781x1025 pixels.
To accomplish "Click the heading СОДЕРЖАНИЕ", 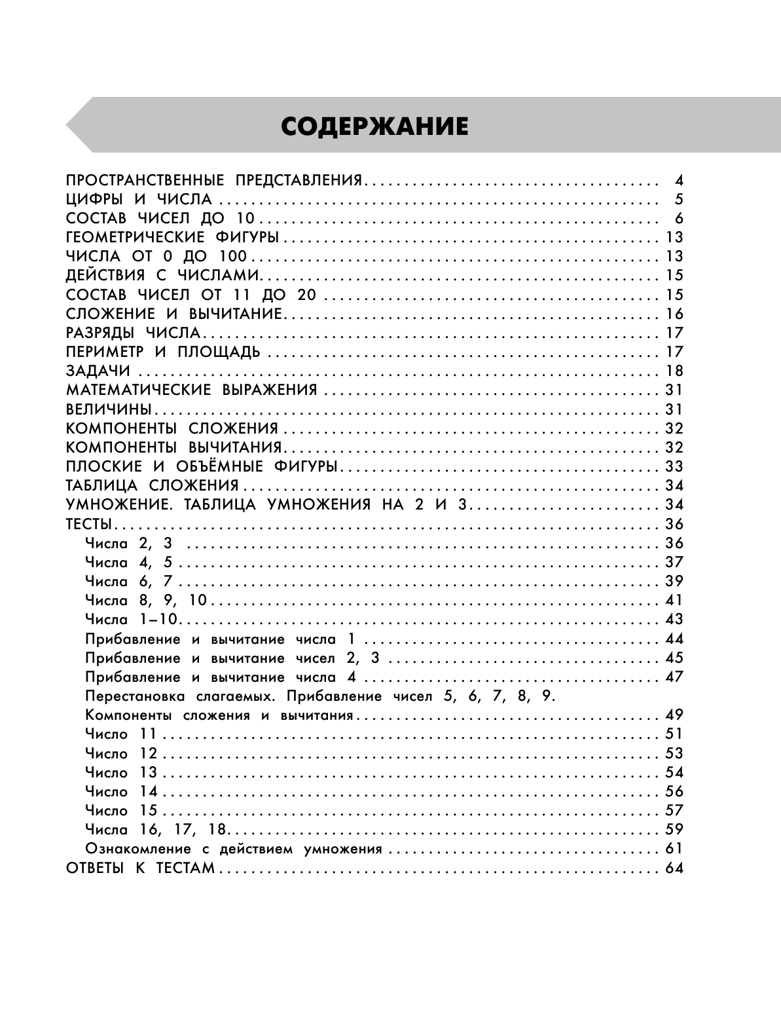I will [x=374, y=126].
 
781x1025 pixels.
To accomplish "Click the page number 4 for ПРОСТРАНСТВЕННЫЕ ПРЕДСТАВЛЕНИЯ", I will [x=679, y=181].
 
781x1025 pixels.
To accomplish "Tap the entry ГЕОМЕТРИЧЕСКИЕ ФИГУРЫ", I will [x=173, y=237].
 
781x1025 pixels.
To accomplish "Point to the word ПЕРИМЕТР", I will [x=105, y=352].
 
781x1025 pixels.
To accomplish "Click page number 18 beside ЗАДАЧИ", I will [x=674, y=371].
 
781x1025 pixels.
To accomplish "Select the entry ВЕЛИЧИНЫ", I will [x=109, y=409].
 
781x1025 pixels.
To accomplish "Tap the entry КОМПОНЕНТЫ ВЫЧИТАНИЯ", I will [x=173, y=447].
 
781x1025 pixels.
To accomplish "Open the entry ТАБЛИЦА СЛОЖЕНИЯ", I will [x=153, y=485].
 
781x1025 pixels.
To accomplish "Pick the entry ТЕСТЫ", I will [x=90, y=524].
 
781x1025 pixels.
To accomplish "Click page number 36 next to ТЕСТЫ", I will [x=674, y=524].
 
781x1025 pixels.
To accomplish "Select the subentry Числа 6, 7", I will [x=128, y=581].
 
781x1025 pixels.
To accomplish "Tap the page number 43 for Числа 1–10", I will [x=674, y=619].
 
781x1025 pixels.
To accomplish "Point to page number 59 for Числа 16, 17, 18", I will [x=674, y=829].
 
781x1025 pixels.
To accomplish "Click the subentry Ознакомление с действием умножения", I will [x=233, y=849].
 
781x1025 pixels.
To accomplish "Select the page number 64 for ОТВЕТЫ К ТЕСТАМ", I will [x=674, y=868].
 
